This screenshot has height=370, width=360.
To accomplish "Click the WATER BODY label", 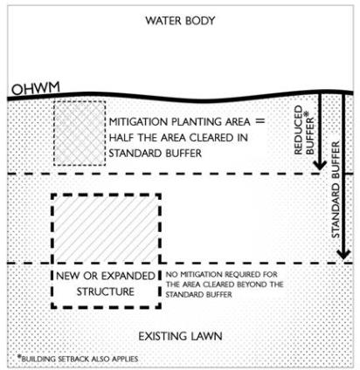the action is [180, 21].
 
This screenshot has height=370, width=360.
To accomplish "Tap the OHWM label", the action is [36, 88].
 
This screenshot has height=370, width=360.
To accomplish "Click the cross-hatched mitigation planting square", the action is [80, 134].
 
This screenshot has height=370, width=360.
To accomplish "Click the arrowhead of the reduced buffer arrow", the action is [320, 165].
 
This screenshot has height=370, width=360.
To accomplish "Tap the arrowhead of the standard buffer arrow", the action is [343, 254].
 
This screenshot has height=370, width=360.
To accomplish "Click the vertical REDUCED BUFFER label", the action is [304, 130].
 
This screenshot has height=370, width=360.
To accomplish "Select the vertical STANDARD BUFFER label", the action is [336, 189].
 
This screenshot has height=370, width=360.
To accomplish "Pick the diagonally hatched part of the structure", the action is [106, 229].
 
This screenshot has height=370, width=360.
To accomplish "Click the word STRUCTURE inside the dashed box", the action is [106, 291].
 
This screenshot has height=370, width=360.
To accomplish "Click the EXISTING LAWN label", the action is [180, 336].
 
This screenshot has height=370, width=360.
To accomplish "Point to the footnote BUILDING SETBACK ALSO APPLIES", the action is [80, 359].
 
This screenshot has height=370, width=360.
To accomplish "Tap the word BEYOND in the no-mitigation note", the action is [253, 284].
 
